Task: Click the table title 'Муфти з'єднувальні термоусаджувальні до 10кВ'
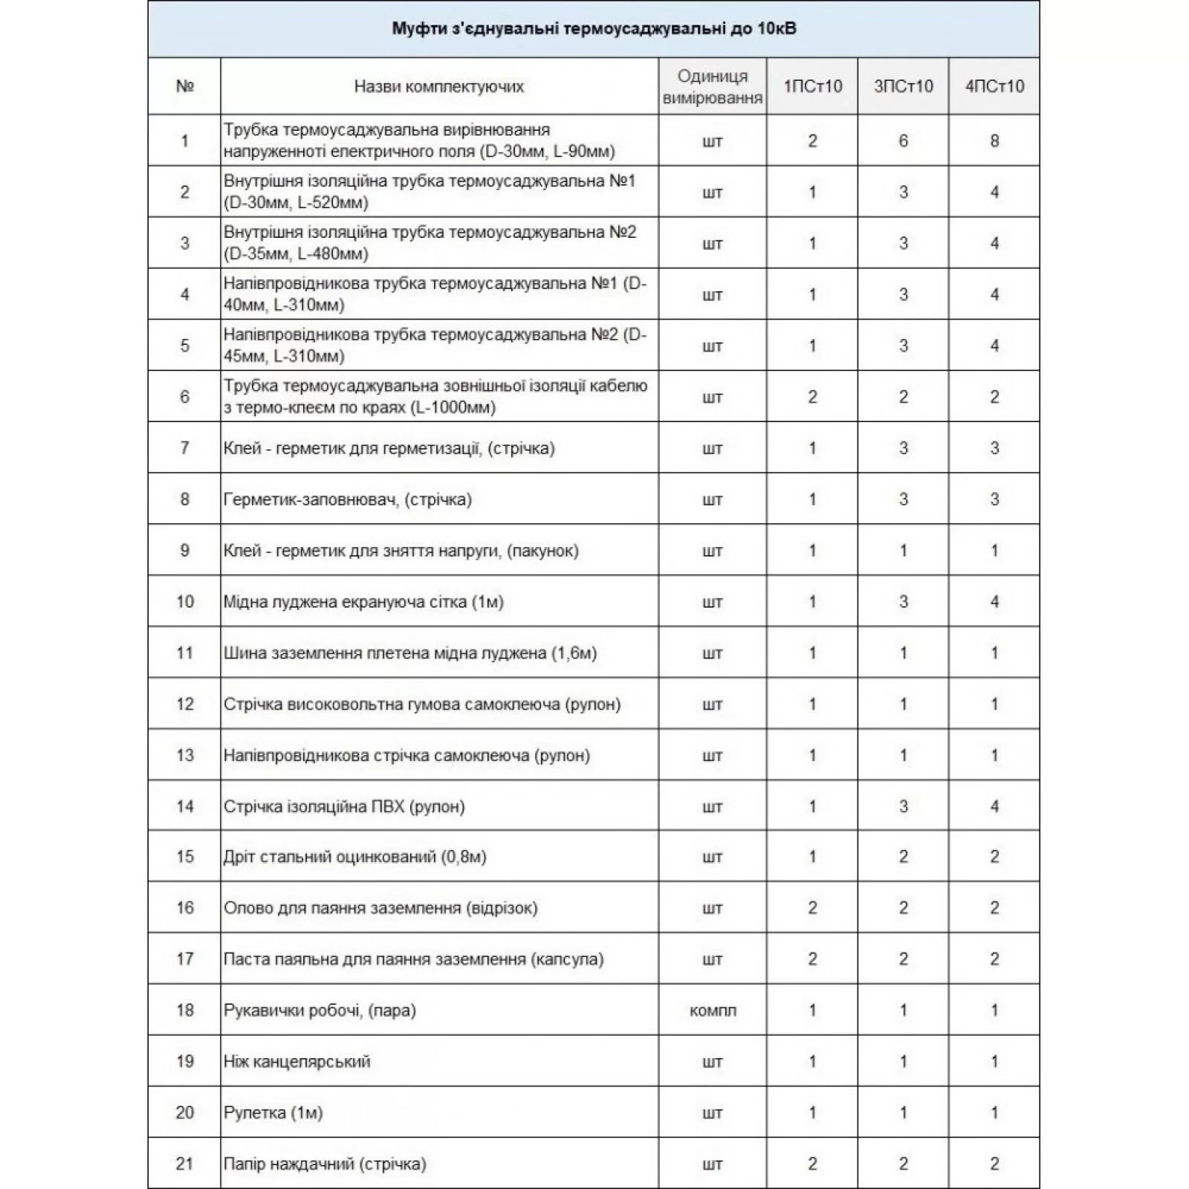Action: pyautogui.click(x=594, y=29)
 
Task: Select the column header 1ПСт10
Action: pyautogui.click(x=812, y=86)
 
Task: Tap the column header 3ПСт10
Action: pyautogui.click(x=903, y=86)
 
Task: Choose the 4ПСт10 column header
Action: pyautogui.click(x=994, y=86)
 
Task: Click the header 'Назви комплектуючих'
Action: pyautogui.click(x=438, y=86)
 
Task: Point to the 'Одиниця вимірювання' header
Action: pyautogui.click(x=712, y=87)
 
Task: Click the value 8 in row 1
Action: pyautogui.click(x=994, y=140)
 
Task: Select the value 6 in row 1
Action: pyautogui.click(x=903, y=140)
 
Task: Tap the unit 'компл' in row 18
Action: pyautogui.click(x=712, y=1011)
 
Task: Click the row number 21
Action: pyautogui.click(x=184, y=1164)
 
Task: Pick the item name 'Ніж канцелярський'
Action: pyautogui.click(x=297, y=1061)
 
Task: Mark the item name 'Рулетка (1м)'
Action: pyautogui.click(x=273, y=1112)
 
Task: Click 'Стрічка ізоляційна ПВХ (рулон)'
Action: pyautogui.click(x=344, y=806)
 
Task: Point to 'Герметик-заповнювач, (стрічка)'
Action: pyautogui.click(x=347, y=499)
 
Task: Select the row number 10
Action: pyautogui.click(x=184, y=601)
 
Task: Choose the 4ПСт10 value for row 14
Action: pyautogui.click(x=994, y=806)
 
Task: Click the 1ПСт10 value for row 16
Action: pyautogui.click(x=812, y=907)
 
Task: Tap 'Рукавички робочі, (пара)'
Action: pyautogui.click(x=320, y=1011)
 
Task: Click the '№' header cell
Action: pyautogui.click(x=184, y=86)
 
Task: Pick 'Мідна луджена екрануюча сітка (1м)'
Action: pyautogui.click(x=363, y=601)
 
